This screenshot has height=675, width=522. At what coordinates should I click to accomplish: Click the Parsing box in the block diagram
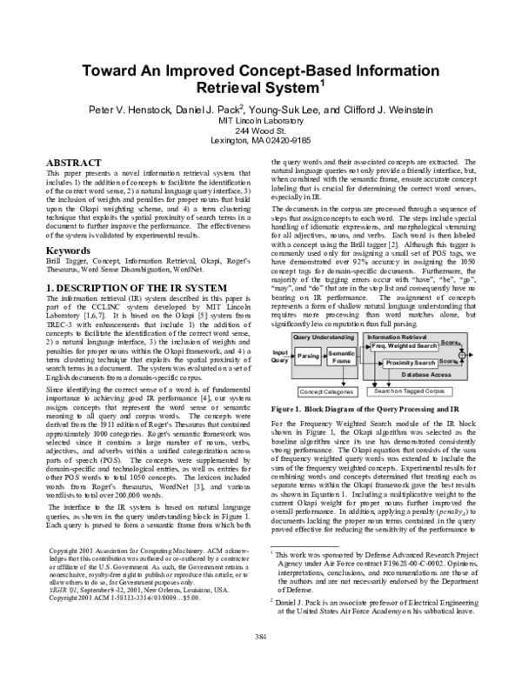(308, 356)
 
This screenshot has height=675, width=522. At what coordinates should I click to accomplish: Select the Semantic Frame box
(341, 357)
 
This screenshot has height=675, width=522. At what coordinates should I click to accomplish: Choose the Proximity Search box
(411, 363)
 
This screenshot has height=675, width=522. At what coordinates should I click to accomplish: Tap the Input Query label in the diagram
(279, 356)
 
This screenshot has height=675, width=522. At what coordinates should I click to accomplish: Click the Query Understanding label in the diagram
(317, 336)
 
